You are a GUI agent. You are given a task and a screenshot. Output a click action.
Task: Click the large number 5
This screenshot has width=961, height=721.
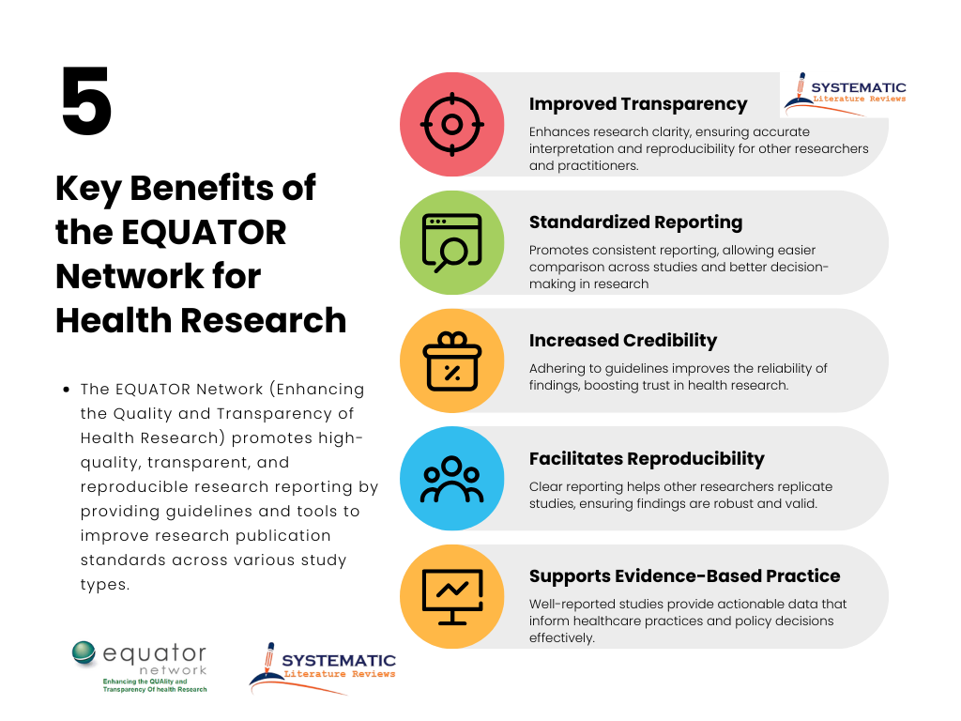[86, 102]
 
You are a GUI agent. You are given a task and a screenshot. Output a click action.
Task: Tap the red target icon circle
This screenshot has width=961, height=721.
[451, 124]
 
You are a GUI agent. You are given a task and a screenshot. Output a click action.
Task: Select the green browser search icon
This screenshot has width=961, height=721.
[451, 242]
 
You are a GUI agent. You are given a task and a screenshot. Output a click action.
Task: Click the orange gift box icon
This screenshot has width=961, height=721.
[451, 360]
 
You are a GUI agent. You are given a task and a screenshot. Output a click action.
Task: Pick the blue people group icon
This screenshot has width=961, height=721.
[451, 479]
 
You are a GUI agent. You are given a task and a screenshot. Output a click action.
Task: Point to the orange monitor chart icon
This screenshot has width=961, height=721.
[451, 596]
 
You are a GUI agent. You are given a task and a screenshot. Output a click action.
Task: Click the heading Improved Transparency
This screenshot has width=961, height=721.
[637, 104]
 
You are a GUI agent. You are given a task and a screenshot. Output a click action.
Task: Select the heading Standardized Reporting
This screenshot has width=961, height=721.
[635, 222]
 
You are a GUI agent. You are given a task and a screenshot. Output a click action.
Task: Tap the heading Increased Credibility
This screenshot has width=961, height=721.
[622, 340]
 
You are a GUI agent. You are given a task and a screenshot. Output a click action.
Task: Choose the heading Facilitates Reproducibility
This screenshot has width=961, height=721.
[647, 458]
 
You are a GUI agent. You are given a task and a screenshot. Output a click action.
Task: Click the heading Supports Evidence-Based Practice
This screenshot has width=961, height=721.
[684, 575]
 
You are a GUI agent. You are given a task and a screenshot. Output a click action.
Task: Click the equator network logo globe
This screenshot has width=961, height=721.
[85, 654]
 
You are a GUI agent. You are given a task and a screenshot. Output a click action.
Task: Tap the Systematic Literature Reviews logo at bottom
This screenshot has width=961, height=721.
[323, 667]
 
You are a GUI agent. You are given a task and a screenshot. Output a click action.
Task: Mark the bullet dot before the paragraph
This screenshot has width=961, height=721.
[67, 390]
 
